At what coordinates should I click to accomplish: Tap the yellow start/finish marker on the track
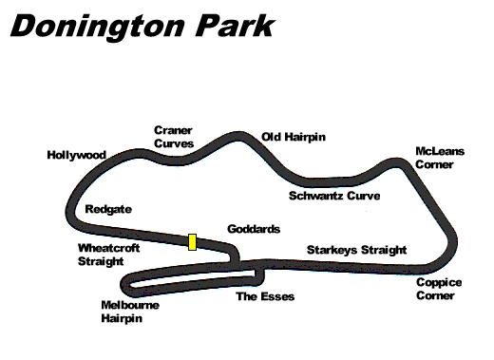192,241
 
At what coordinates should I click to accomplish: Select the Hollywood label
75,155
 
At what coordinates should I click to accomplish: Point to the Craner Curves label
174,137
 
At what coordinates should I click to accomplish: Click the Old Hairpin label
294,137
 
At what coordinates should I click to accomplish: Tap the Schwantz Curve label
333,197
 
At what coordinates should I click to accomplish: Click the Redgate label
107,208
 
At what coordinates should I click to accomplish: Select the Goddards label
254,230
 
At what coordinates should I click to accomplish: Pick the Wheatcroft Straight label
101,254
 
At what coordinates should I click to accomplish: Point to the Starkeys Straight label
356,251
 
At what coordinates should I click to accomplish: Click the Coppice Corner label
439,289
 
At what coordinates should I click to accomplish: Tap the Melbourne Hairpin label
129,313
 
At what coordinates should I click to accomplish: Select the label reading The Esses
265,297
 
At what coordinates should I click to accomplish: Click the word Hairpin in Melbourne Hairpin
121,319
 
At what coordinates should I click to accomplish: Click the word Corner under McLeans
435,164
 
